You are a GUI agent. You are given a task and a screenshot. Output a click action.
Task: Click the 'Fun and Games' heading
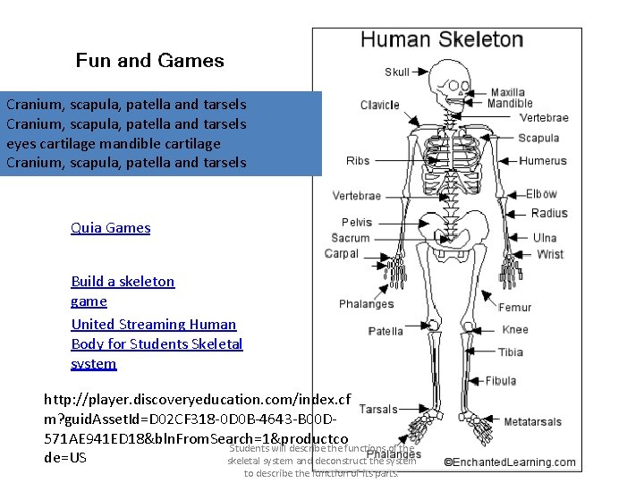click(149, 61)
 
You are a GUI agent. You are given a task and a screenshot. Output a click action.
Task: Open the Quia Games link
click(111, 227)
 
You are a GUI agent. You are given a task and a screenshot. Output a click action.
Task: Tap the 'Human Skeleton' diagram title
click(441, 39)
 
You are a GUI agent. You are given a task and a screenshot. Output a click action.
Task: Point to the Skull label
click(397, 72)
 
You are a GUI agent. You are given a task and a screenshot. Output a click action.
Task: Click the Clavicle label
click(379, 105)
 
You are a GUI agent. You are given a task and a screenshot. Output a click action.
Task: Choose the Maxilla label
click(508, 92)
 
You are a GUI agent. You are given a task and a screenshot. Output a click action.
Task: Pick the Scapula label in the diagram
click(538, 138)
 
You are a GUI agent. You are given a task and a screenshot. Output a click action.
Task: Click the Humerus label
click(543, 161)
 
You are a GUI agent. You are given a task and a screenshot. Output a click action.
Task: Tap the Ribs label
click(358, 161)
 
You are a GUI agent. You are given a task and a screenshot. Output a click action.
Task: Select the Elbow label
click(541, 193)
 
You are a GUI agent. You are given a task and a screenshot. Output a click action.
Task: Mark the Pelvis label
click(357, 222)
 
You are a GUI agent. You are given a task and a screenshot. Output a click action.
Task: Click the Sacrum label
click(350, 238)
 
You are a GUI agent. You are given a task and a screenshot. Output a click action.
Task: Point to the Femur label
click(514, 307)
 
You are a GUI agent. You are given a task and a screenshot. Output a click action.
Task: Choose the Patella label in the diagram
click(386, 331)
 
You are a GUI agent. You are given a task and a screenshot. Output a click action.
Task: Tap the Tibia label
click(511, 352)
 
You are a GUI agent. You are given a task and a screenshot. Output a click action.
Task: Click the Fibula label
click(500, 381)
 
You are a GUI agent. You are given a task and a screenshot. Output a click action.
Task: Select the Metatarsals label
click(532, 421)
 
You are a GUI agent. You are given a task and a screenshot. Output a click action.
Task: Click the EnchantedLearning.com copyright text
click(510, 462)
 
